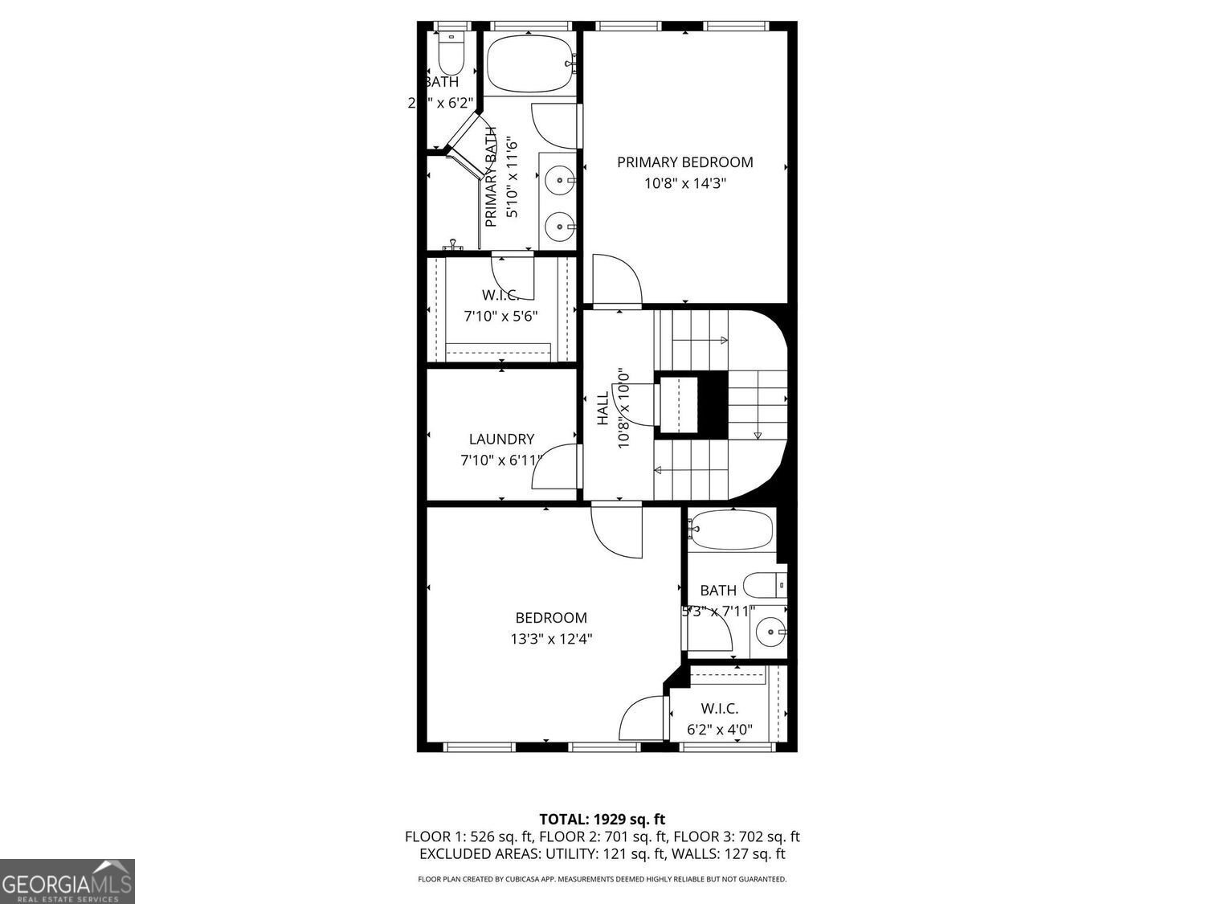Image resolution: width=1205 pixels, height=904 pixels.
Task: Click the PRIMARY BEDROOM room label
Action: coord(684,162)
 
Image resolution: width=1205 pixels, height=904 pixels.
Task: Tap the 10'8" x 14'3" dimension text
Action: coord(684,183)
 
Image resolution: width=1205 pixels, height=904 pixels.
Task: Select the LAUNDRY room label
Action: coord(501,440)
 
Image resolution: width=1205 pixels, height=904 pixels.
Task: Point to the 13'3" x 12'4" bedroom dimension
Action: coord(551,640)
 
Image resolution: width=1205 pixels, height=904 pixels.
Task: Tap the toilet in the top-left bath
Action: coord(451,54)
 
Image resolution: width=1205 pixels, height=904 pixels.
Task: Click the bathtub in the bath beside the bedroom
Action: coord(730,530)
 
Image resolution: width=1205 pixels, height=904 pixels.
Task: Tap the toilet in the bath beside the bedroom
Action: coord(764,584)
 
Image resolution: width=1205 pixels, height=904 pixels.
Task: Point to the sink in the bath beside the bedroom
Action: coord(771,632)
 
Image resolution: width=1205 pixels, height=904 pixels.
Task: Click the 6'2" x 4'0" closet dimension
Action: coord(719,730)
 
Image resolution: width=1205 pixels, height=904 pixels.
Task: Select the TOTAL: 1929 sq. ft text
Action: coord(602,820)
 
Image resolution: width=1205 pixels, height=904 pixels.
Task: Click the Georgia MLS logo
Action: coord(67,882)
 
